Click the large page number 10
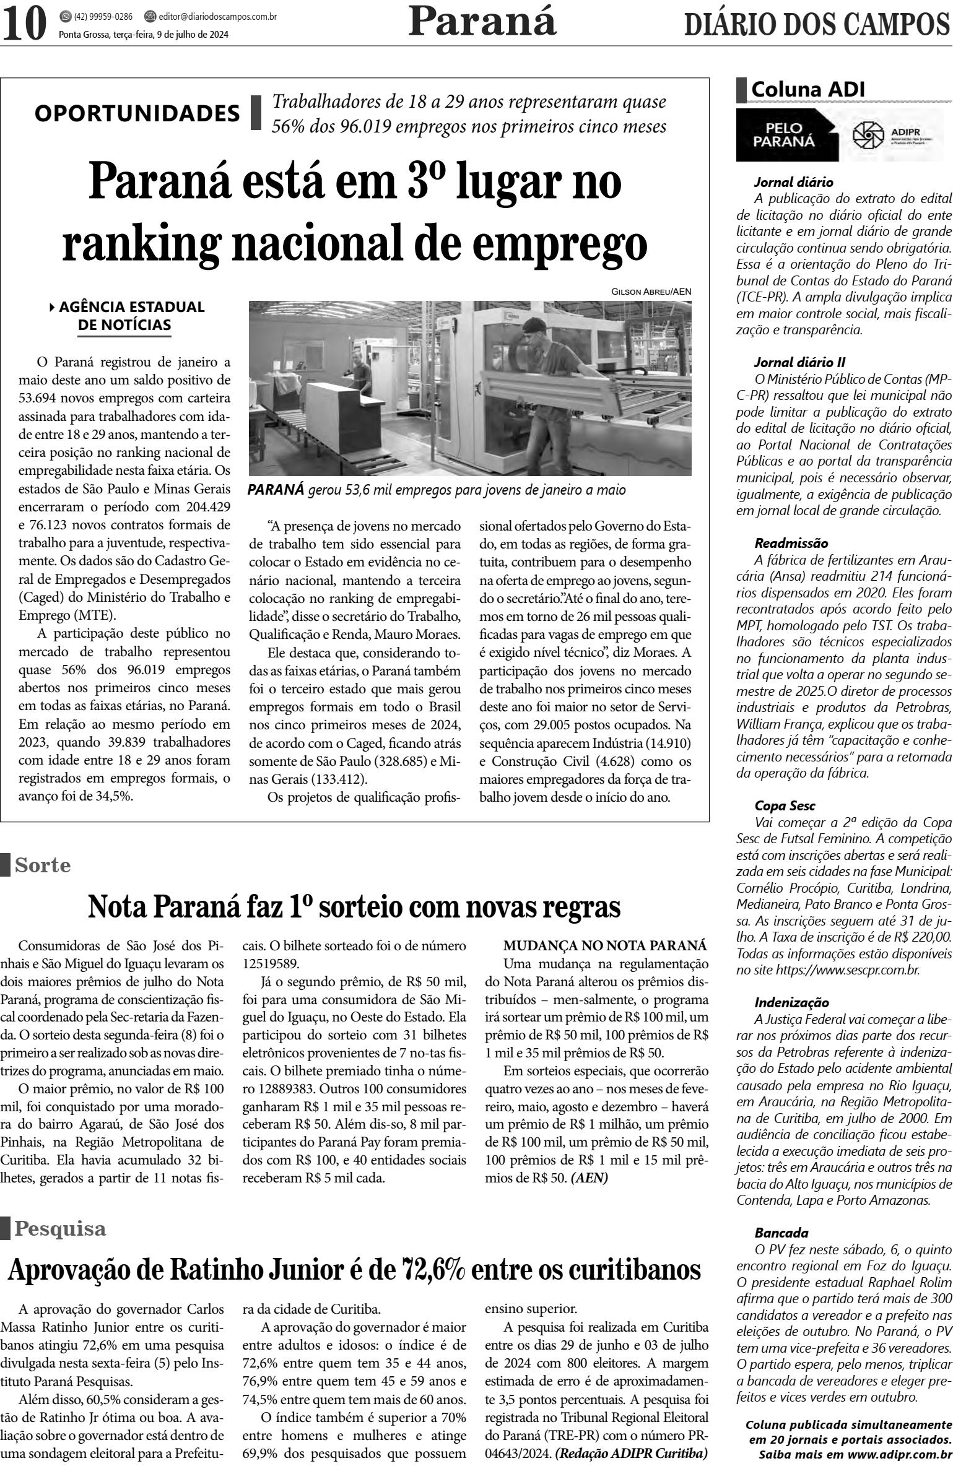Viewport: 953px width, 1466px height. [x=25, y=23]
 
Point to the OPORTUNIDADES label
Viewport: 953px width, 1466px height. [x=137, y=113]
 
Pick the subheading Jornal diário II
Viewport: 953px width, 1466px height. [x=799, y=362]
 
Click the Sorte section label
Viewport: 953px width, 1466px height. [x=42, y=865]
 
